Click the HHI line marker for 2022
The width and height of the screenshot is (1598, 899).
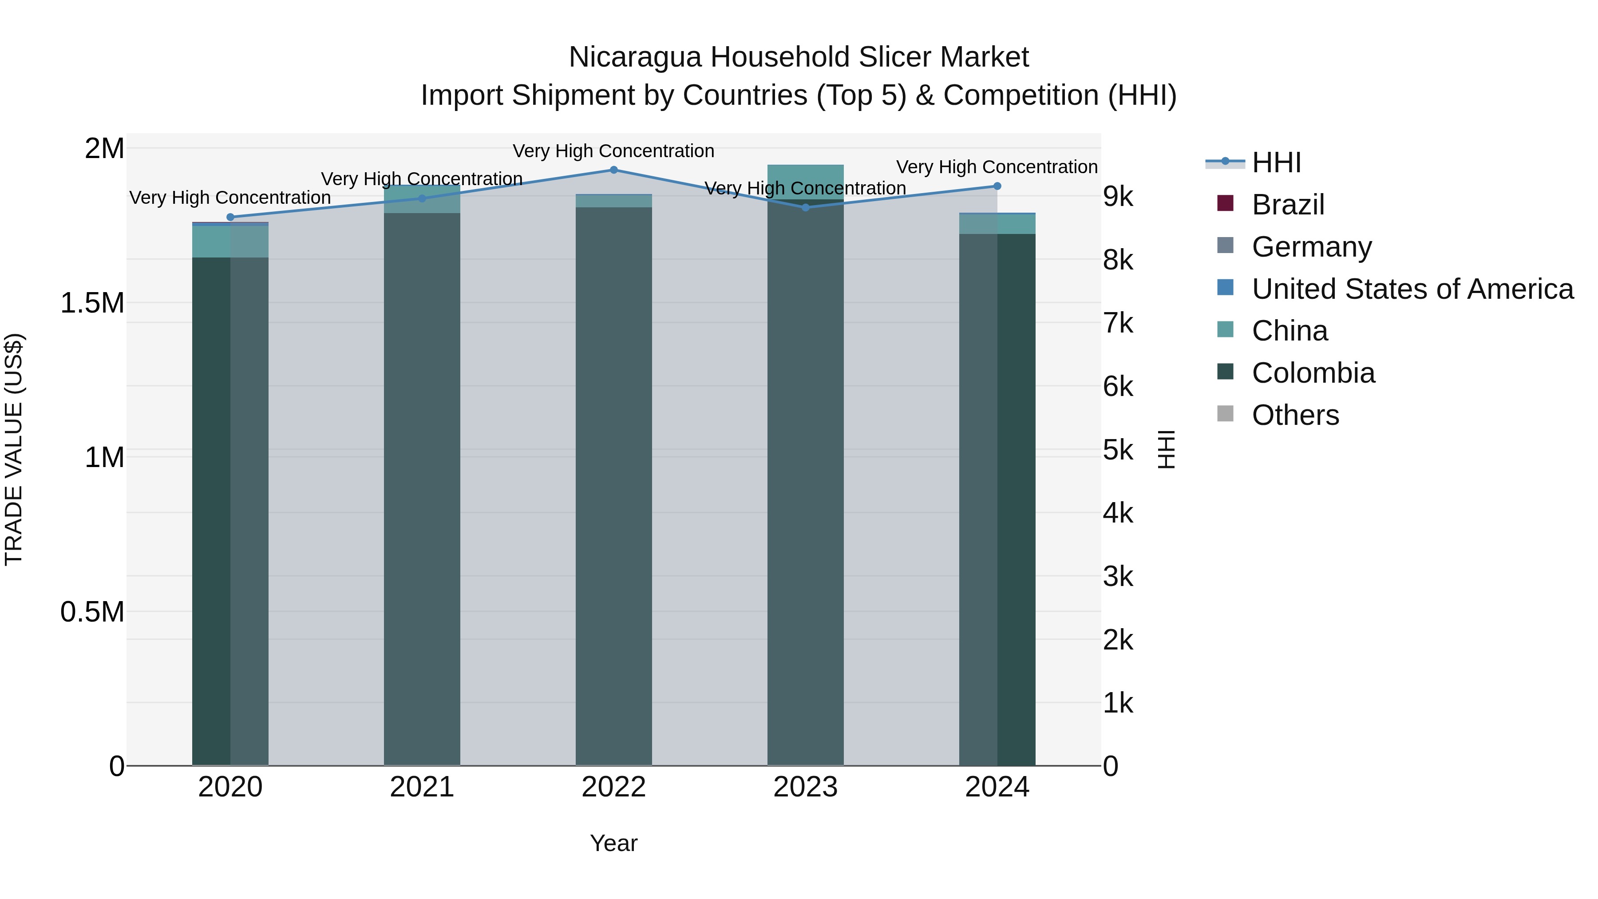point(613,170)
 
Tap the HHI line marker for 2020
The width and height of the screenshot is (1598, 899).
point(230,217)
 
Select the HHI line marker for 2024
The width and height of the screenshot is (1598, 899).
point(997,186)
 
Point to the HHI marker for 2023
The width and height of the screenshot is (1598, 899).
point(805,208)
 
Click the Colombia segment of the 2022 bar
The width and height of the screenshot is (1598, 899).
point(613,484)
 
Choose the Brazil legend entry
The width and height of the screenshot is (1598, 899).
point(1287,205)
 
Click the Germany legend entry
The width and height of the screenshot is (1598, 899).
point(1311,247)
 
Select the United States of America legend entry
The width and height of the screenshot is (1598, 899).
point(1412,289)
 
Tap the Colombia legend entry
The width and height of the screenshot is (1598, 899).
point(1313,373)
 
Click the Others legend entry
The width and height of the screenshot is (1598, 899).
point(1295,415)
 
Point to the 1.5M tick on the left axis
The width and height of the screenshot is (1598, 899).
point(92,303)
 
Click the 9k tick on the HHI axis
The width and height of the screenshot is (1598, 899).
point(1118,197)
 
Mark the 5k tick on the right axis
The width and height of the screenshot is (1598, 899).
point(1118,451)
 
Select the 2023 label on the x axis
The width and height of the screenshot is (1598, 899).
point(805,787)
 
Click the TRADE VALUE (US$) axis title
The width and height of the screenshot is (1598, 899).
point(14,449)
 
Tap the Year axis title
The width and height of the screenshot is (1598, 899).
point(613,843)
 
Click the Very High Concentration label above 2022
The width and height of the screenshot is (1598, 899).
point(613,151)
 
